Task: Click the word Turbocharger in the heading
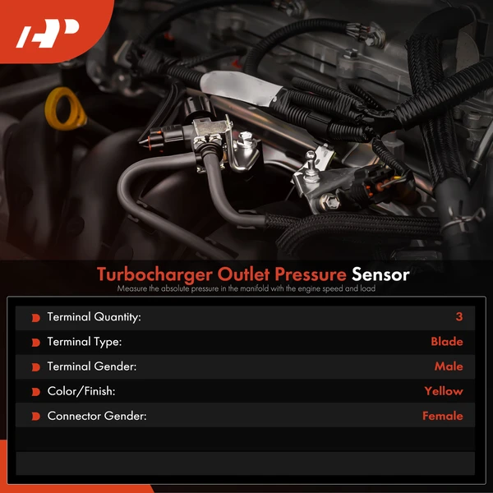pyautogui.click(x=150, y=274)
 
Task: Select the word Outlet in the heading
pyautogui.click(x=232, y=274)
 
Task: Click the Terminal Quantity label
pyautogui.click(x=94, y=317)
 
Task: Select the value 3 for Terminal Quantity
pyautogui.click(x=458, y=317)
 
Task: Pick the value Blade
pyautogui.click(x=446, y=342)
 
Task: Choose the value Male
pyautogui.click(x=449, y=366)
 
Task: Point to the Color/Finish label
pyautogui.click(x=81, y=391)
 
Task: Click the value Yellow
pyautogui.click(x=444, y=391)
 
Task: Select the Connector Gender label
pyautogui.click(x=96, y=416)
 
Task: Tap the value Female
pyautogui.click(x=442, y=416)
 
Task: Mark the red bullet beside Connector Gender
pyautogui.click(x=35, y=417)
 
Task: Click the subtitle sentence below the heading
pyautogui.click(x=246, y=289)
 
